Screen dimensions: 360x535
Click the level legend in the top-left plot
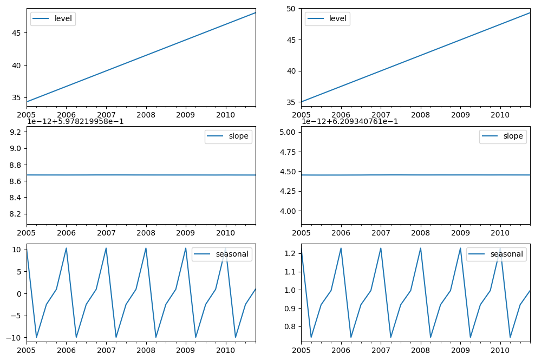pyautogui.click(x=53, y=19)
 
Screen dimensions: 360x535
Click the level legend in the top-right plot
pyautogui.click(x=327, y=19)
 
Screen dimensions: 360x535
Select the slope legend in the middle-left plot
pyautogui.click(x=228, y=136)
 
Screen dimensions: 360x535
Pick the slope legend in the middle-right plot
pyautogui.click(x=503, y=136)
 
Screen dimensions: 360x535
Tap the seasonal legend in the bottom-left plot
pyautogui.click(x=221, y=254)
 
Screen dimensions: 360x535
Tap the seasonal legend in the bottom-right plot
pyautogui.click(x=496, y=254)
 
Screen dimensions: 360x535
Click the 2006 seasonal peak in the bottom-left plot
pyautogui.click(x=66, y=248)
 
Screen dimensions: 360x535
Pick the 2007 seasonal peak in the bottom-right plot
pyautogui.click(x=381, y=248)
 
